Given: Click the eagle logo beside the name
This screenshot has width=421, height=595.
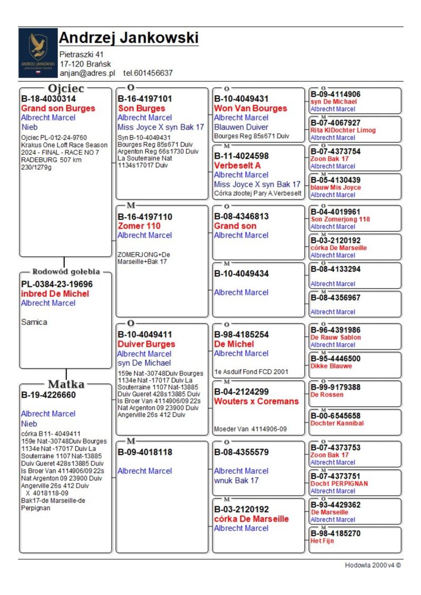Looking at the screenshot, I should (37, 53).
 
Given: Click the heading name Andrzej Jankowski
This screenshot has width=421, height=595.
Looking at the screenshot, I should (128, 38).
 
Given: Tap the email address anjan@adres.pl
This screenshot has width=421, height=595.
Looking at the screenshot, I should (87, 73).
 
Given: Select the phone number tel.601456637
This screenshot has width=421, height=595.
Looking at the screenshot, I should (148, 73).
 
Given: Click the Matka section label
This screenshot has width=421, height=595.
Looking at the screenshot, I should (66, 384).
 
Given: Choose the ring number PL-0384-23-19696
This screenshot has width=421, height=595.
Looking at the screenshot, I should (57, 284).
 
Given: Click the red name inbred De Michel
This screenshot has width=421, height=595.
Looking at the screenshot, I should (55, 294).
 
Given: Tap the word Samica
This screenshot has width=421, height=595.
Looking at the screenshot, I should (34, 322).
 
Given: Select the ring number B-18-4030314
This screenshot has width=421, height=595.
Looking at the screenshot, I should (48, 98).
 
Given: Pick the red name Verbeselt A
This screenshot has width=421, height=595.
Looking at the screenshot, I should (237, 165).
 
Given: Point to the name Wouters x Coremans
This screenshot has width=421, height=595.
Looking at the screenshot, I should (256, 401).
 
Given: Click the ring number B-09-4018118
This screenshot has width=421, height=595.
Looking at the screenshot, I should (145, 452).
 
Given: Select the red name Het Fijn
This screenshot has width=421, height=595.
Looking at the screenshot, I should (322, 540).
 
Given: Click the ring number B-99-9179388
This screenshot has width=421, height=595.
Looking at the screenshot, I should (335, 387).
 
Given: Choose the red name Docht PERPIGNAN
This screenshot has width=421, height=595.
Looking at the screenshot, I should (339, 483).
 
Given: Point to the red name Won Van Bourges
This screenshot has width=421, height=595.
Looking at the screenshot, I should (250, 108).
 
